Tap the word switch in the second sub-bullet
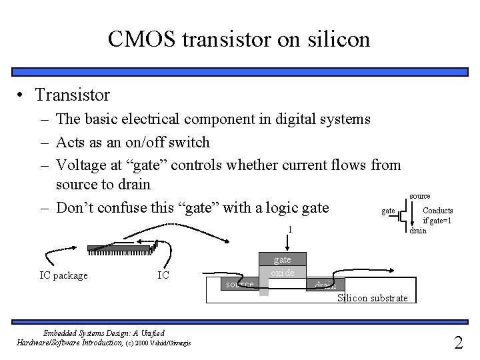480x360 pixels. tap(188, 142)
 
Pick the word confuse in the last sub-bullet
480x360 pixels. tap(123, 207)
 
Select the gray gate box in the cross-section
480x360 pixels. tap(282, 259)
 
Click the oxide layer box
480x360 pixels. tap(282, 273)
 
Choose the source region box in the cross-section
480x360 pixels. tap(240, 285)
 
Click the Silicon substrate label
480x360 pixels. tap(372, 297)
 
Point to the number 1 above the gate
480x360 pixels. tap(289, 230)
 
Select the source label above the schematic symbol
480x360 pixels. tap(419, 196)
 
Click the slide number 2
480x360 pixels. tap(458, 343)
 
